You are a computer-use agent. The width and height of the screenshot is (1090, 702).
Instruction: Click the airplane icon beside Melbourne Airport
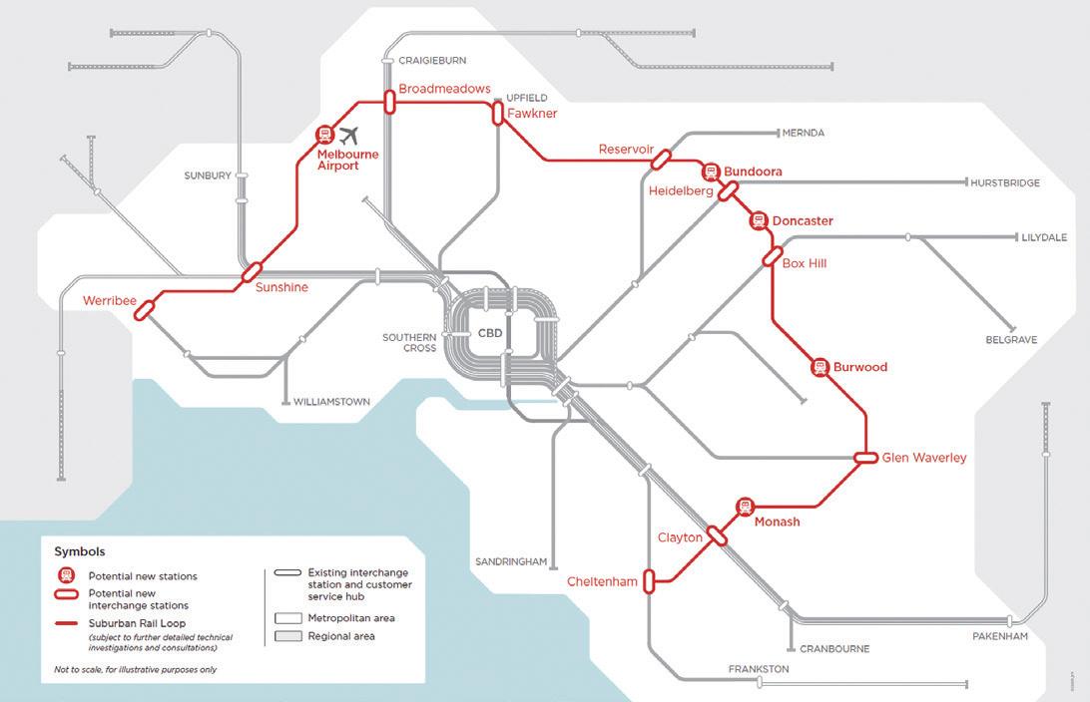tap(348, 136)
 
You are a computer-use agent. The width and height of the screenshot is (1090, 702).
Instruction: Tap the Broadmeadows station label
tap(444, 89)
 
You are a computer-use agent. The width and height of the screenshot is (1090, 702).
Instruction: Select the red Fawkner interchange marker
tap(497, 114)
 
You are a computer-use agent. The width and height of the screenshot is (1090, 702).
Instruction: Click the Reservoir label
tap(626, 150)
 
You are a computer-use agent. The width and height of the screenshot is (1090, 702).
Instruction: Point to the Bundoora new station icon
tap(711, 172)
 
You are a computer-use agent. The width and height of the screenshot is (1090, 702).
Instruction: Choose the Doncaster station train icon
tap(758, 220)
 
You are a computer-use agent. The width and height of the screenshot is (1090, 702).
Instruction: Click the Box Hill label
tap(805, 263)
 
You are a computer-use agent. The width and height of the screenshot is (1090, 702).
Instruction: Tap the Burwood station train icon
tap(820, 367)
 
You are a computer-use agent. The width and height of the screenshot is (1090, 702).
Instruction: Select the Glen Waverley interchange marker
tap(866, 458)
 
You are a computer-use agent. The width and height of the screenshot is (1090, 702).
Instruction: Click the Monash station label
tap(777, 522)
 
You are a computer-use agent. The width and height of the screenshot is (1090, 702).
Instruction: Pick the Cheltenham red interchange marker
tap(649, 581)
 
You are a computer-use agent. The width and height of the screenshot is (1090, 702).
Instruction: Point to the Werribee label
tap(109, 299)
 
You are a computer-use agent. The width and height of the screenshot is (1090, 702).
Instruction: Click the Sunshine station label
tap(281, 287)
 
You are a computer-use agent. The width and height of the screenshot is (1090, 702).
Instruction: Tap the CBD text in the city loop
tap(490, 333)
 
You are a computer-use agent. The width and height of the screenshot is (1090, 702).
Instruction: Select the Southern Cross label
tap(409, 343)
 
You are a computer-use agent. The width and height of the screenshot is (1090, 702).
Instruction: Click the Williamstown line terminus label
tap(331, 402)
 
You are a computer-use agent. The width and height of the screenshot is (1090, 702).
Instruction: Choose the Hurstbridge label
tap(1004, 183)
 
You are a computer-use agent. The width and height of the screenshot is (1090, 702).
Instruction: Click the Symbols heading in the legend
tap(79, 551)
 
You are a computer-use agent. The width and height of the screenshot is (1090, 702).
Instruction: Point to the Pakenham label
tap(999, 636)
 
